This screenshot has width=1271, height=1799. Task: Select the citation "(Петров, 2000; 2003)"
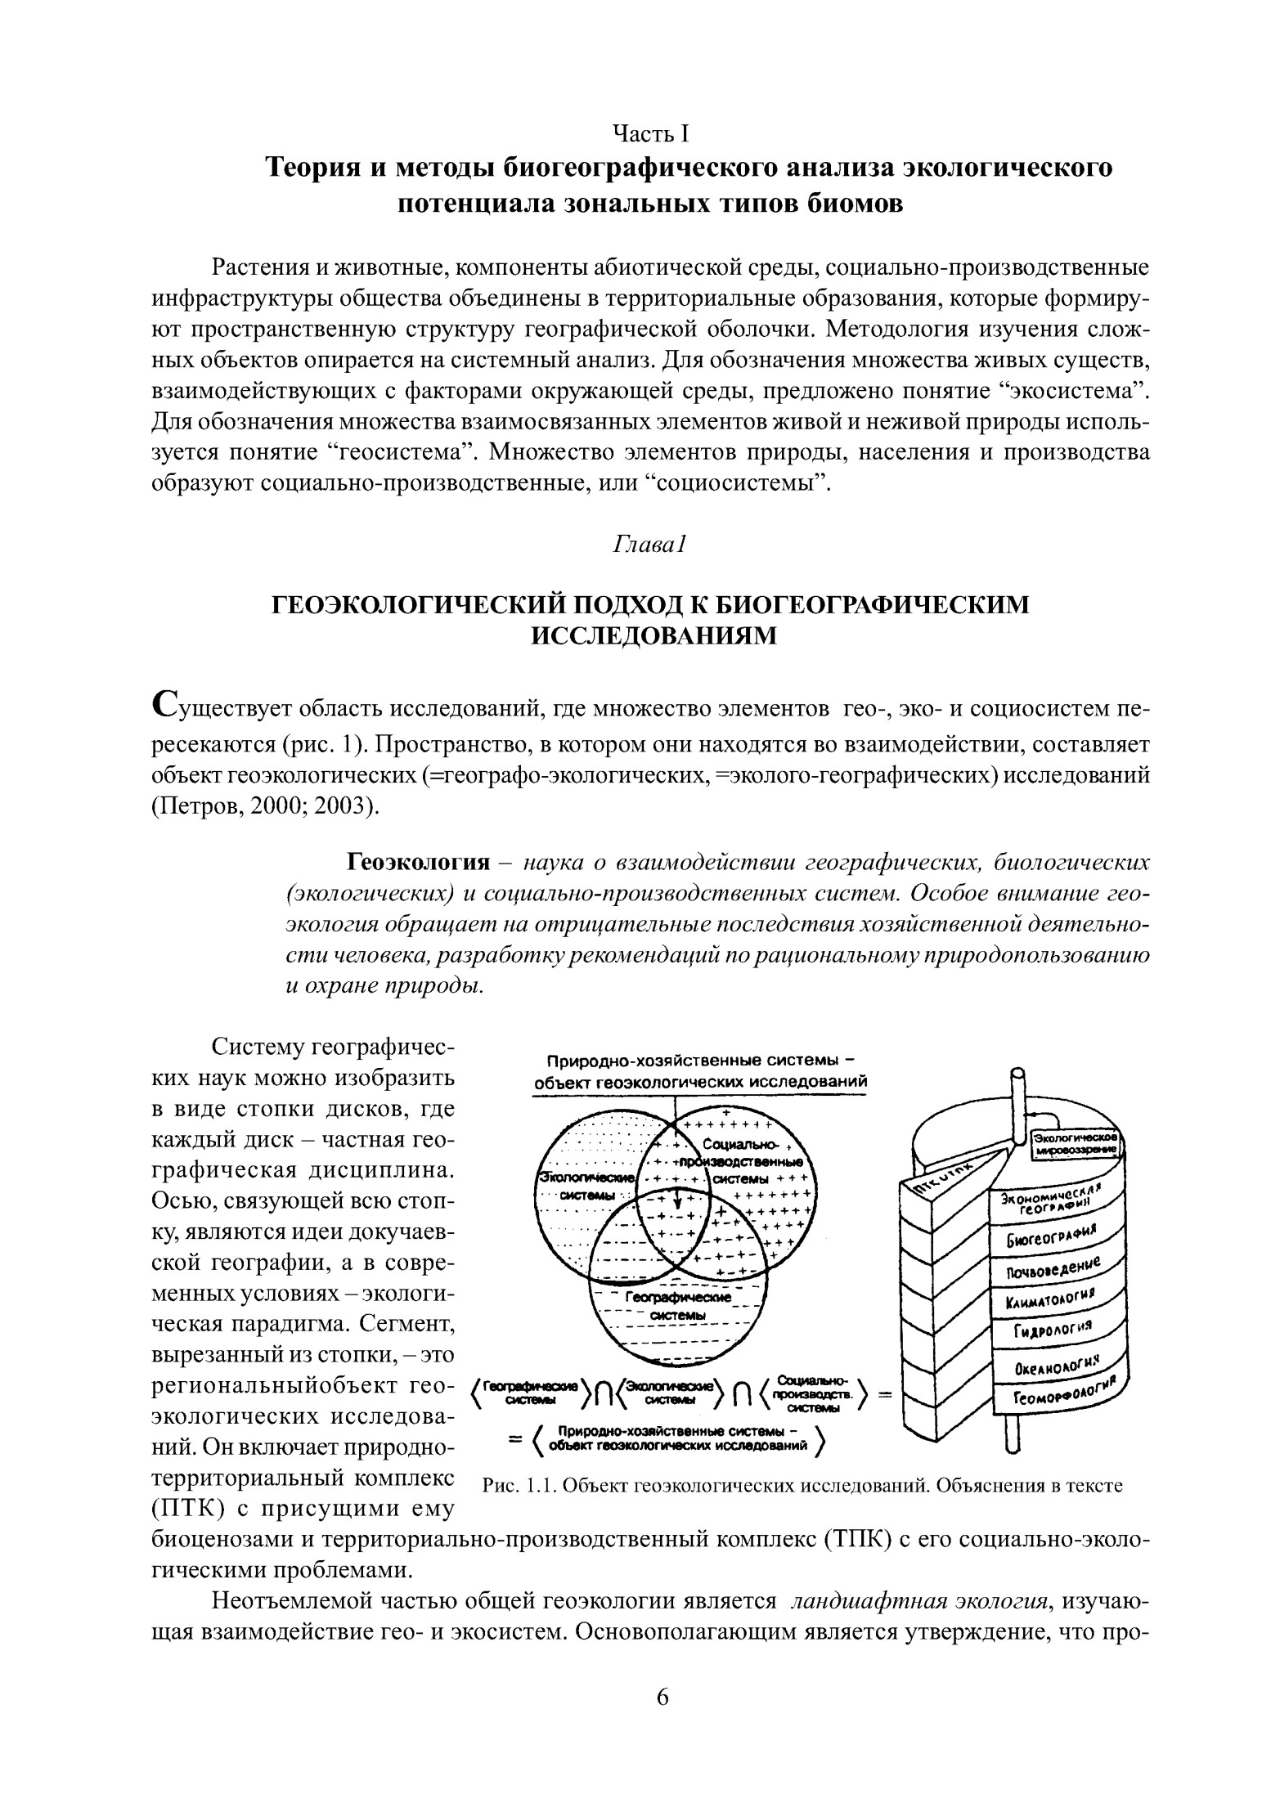click(x=265, y=807)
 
